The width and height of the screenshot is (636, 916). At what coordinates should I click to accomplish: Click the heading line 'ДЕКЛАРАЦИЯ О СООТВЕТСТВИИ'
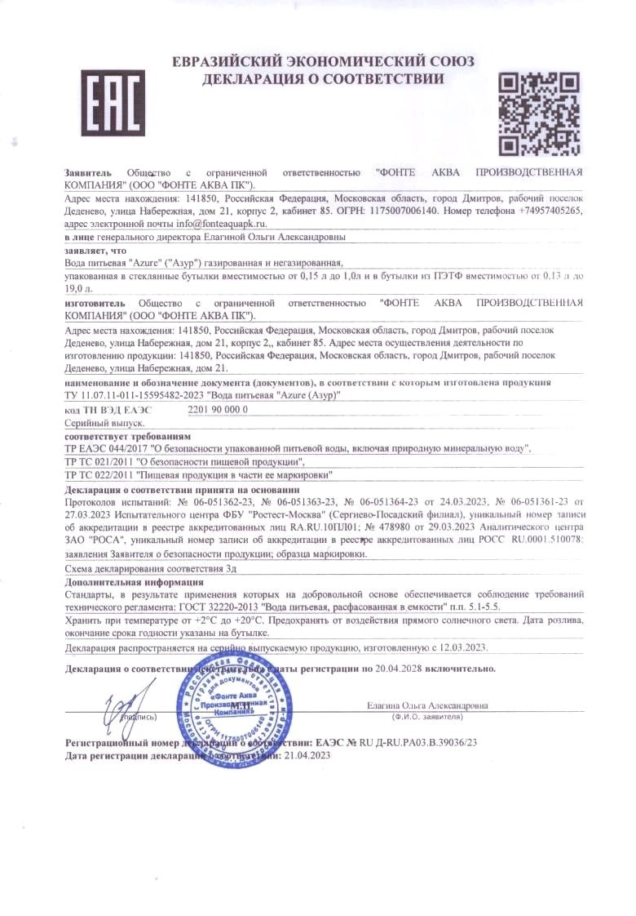(324, 79)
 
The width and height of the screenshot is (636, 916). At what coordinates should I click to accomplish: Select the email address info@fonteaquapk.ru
(220, 223)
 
